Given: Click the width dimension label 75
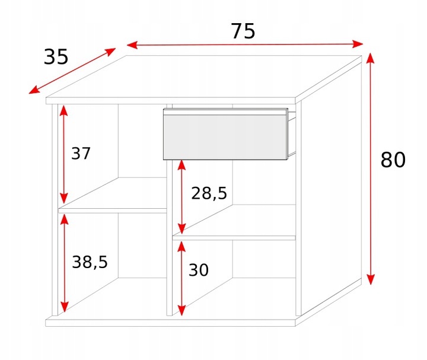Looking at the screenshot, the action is coord(243,31).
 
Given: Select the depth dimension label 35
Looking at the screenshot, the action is coord(56,57).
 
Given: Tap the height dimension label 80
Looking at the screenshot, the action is coord(393,160).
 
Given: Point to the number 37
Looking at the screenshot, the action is coord(81,154).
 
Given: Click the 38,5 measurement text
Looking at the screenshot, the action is coord(90,262).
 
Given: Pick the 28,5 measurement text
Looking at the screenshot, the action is coord(209,193).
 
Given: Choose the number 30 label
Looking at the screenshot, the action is coord(199,270).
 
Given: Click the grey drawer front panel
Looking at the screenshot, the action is coord(225,136).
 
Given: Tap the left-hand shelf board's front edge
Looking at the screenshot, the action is coord(113,211).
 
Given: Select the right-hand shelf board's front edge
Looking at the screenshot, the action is coord(234,238).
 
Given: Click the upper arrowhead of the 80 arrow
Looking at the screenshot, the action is coord(370,58).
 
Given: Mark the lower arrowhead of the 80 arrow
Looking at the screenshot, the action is coord(371,279).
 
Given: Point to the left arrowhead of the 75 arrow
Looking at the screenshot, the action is coord(132,45).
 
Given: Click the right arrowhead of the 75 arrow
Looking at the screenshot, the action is coord(358,43).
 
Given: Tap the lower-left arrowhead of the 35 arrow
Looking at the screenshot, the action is coord(34,90).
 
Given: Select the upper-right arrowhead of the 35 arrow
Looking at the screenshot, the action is coord(110,52).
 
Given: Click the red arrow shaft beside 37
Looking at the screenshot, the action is coord(63,154).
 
